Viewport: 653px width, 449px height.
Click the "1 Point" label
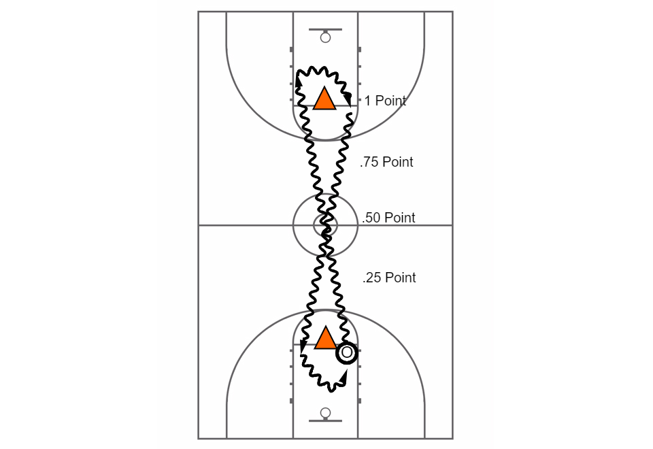coord(385,101)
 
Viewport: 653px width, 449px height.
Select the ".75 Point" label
coord(386,162)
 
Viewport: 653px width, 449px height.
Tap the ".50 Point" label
coord(388,218)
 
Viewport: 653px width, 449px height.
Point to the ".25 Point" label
coord(389,278)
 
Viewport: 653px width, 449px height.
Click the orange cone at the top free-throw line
coord(324,99)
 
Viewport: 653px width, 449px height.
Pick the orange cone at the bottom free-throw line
coord(325,338)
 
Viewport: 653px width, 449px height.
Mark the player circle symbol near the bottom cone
coord(347,352)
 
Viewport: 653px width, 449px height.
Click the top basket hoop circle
coord(325,37)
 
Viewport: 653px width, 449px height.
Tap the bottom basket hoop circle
coord(325,412)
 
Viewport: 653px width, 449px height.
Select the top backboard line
coord(325,29)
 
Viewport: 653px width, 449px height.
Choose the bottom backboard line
coord(325,421)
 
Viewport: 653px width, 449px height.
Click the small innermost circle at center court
coord(325,225)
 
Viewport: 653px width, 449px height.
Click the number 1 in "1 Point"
coord(367,101)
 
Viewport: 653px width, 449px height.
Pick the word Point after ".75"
coord(398,162)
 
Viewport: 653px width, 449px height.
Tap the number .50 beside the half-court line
coord(371,218)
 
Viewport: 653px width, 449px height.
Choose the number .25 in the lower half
coord(371,278)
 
